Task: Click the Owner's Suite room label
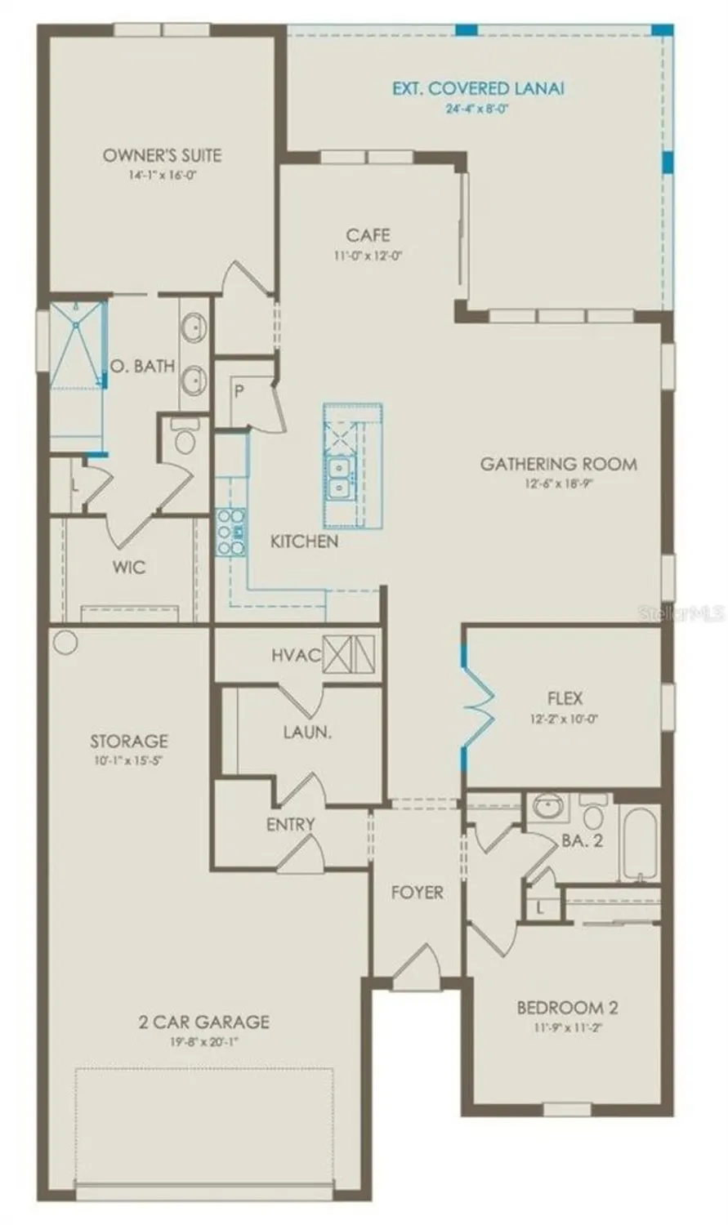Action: click(x=162, y=155)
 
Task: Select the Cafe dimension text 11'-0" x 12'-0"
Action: click(x=368, y=255)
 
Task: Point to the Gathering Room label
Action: click(x=558, y=464)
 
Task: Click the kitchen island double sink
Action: click(x=337, y=477)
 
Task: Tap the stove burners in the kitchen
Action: click(x=230, y=532)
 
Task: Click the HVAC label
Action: click(x=296, y=656)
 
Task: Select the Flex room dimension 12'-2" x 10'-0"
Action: click(x=565, y=719)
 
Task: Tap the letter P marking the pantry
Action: click(x=239, y=391)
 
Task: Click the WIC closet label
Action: click(x=130, y=566)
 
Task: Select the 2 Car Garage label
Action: click(x=203, y=1021)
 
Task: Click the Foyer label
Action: click(x=417, y=892)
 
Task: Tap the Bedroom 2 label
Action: click(x=567, y=1008)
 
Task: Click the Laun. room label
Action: click(x=307, y=732)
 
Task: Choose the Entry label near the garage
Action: click(x=290, y=825)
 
